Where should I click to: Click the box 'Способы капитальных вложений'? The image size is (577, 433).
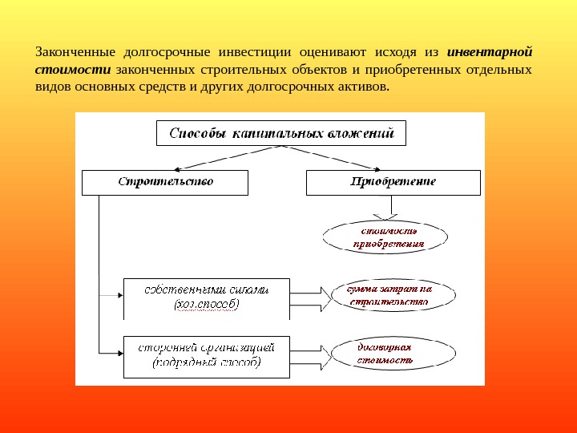(x=280, y=133)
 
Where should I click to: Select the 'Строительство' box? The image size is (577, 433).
(x=165, y=182)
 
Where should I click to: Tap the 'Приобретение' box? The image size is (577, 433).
(x=393, y=182)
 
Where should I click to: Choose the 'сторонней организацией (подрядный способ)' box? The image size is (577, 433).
(x=206, y=354)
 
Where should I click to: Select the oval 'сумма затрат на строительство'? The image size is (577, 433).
(x=388, y=296)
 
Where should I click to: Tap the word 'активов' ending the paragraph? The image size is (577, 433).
(x=361, y=86)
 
